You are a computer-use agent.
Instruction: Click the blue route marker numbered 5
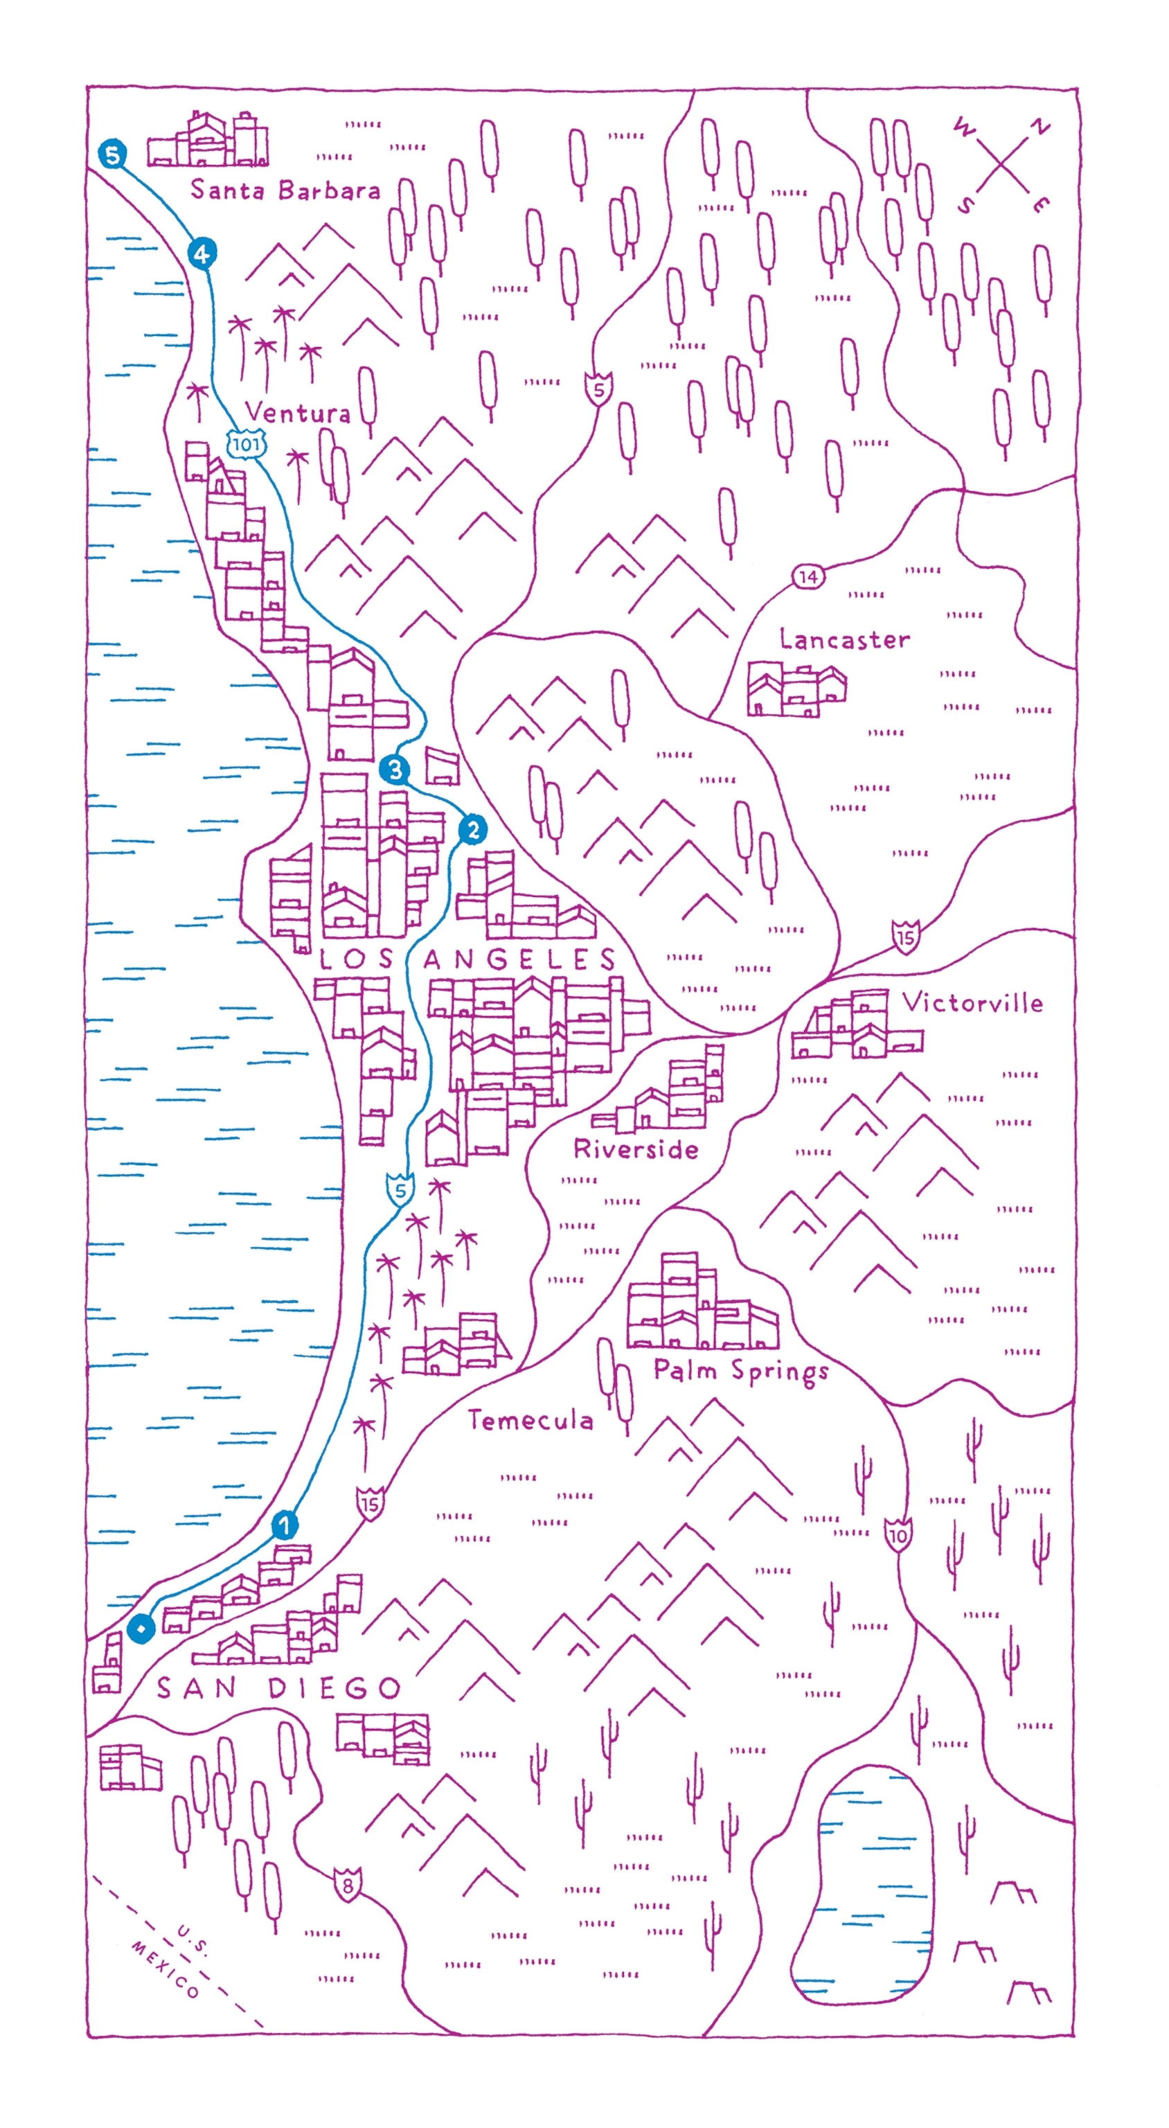[x=111, y=154]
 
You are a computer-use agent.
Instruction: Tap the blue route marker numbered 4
[x=202, y=254]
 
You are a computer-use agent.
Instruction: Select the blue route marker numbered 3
[x=395, y=770]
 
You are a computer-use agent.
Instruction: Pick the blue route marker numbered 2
[x=472, y=829]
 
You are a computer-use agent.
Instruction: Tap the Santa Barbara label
[x=285, y=190]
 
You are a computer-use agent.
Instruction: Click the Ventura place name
[x=297, y=412]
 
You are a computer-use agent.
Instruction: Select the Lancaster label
[x=844, y=639]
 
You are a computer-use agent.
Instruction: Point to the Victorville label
[x=972, y=1003]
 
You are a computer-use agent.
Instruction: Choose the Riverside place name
[x=635, y=1149]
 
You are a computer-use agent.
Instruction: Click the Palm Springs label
[x=740, y=1372]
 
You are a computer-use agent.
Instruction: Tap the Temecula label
[x=530, y=1421]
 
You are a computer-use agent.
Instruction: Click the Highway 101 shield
[x=246, y=445]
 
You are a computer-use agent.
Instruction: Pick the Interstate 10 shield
[x=898, y=1535]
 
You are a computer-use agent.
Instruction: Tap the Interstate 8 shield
[x=348, y=1886]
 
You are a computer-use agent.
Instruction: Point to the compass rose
[x=1001, y=166]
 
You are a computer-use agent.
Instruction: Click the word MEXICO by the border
[x=166, y=1970]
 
